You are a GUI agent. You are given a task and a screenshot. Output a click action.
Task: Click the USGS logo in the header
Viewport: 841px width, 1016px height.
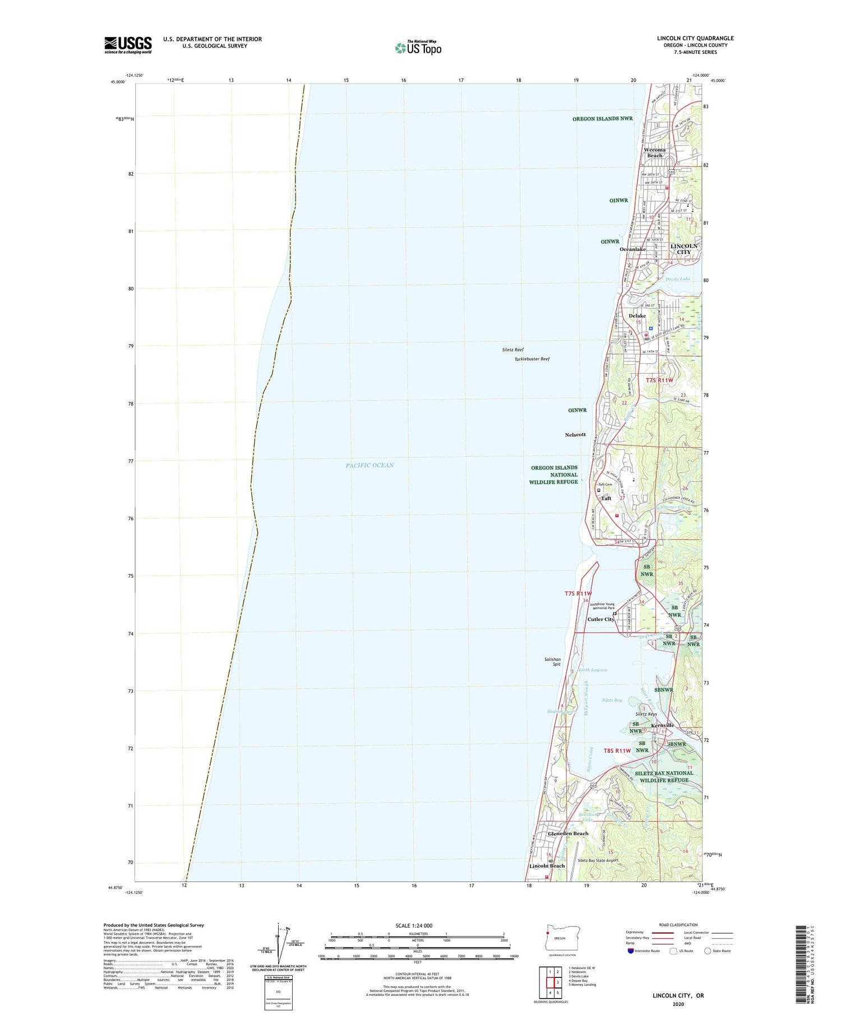pyautogui.click(x=128, y=45)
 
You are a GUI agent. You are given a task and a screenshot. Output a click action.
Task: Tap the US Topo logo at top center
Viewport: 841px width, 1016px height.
pyautogui.click(x=418, y=48)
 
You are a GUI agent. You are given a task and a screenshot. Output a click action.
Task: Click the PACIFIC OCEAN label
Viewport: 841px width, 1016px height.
pyautogui.click(x=369, y=465)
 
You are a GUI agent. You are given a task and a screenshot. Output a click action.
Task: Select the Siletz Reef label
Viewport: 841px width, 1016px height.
pyautogui.click(x=512, y=350)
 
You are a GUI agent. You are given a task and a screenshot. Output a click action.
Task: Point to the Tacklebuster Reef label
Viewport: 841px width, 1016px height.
pyautogui.click(x=532, y=359)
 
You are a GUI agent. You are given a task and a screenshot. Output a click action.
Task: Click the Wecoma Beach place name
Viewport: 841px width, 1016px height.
pyautogui.click(x=654, y=152)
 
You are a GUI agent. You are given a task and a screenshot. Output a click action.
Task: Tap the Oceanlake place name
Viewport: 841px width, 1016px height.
pyautogui.click(x=632, y=249)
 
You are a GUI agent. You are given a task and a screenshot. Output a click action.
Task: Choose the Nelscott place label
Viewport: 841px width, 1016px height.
pyautogui.click(x=575, y=434)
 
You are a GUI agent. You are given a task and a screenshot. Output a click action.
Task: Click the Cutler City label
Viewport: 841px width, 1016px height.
pyautogui.click(x=600, y=619)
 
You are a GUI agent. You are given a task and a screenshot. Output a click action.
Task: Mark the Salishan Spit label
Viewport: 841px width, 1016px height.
pyautogui.click(x=552, y=662)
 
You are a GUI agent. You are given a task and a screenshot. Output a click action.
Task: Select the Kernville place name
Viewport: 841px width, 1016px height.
pyautogui.click(x=662, y=725)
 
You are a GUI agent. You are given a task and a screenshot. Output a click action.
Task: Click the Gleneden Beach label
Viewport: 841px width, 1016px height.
pyautogui.click(x=567, y=833)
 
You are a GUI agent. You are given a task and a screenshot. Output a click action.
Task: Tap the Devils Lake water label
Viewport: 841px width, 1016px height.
pyautogui.click(x=678, y=279)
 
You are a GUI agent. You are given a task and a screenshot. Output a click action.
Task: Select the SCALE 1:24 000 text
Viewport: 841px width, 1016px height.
pyautogui.click(x=417, y=925)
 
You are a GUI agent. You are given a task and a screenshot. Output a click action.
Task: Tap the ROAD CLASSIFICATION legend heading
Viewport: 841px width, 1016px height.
pyautogui.click(x=678, y=925)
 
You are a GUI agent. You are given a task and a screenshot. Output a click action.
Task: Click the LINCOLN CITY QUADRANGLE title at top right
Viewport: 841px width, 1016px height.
pyautogui.click(x=695, y=38)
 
